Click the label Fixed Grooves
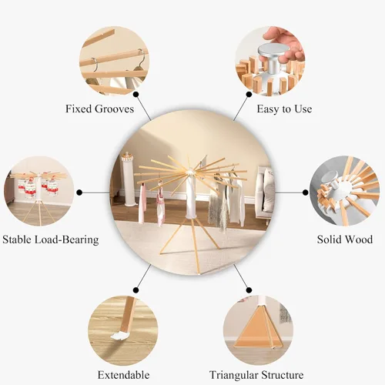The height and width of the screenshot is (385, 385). [x=99, y=109]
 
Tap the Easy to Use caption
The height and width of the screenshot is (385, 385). [x=284, y=109]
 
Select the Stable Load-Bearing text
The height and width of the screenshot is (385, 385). [x=51, y=239]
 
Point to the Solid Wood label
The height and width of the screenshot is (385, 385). [x=345, y=239]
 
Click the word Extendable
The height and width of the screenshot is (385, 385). [x=123, y=375]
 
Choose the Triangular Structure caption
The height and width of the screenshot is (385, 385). [x=256, y=375]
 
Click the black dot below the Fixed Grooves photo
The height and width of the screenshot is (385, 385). [x=136, y=95]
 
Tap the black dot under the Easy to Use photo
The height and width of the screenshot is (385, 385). [x=249, y=95]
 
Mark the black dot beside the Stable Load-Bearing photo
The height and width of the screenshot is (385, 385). [x=79, y=192]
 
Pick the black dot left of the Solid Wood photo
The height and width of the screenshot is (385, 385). [x=306, y=192]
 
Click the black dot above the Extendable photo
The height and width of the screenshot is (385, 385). [x=136, y=290]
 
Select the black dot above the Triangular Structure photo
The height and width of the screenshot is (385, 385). [x=249, y=290]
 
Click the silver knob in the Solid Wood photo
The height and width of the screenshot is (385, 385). [x=330, y=179]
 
